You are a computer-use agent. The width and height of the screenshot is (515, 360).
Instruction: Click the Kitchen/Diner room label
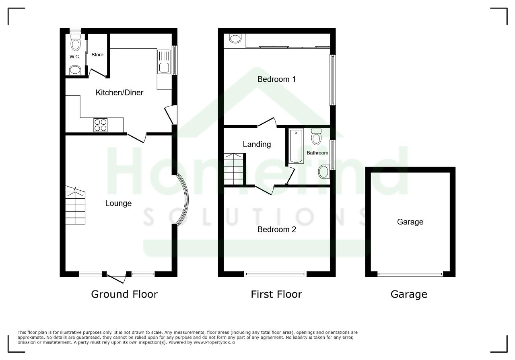click(119, 93)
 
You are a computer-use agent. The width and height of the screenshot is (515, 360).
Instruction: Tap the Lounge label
click(118, 203)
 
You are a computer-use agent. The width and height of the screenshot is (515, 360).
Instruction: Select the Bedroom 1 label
click(276, 79)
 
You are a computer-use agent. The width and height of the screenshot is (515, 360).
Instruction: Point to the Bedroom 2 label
click(276, 229)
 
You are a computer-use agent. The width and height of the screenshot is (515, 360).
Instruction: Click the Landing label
click(257, 144)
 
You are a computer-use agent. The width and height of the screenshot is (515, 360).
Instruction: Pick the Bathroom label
click(317, 153)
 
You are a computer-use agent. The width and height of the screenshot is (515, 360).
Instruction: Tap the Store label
click(97, 55)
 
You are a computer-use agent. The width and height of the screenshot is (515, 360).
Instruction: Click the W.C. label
click(75, 57)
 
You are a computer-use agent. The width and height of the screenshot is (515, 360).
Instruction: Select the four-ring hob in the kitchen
click(101, 125)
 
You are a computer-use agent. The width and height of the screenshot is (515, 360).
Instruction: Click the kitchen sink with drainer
click(164, 62)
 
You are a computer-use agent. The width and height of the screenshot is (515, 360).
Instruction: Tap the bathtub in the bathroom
click(296, 146)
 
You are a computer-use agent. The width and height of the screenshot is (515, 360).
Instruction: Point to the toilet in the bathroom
click(316, 136)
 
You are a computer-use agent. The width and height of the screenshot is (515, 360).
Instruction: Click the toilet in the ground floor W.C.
click(75, 42)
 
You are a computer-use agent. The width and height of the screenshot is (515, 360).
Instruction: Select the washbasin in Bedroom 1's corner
click(235, 39)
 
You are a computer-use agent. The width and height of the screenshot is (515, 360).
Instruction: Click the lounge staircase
click(75, 205)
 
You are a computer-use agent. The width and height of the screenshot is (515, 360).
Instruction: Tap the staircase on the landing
click(234, 169)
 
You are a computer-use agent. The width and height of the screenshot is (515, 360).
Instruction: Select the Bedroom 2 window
click(275, 274)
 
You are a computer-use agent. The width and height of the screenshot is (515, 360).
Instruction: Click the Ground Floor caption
click(124, 294)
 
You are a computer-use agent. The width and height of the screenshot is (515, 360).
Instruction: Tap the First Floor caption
click(276, 294)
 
